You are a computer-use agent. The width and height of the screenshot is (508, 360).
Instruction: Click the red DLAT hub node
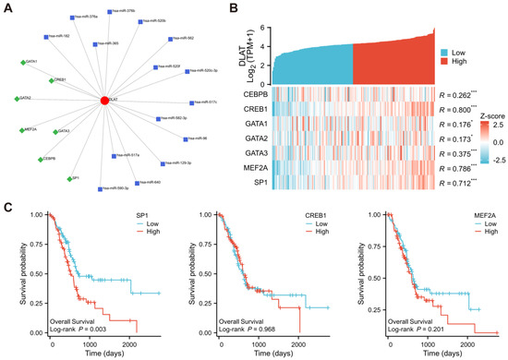(x=104, y=98)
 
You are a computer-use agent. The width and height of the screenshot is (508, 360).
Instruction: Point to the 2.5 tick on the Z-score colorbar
(x=497, y=123)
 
